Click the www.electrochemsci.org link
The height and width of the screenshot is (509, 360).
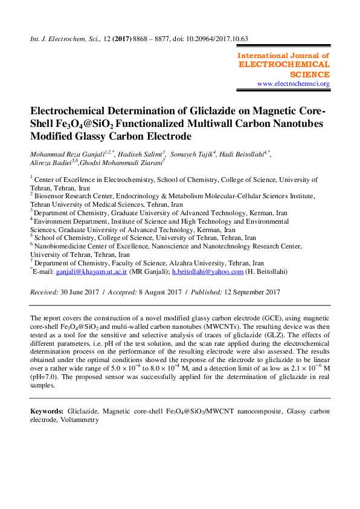tap(293, 83)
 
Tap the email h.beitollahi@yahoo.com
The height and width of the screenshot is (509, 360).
tap(208, 273)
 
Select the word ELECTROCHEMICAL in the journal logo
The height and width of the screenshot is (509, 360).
tap(284, 64)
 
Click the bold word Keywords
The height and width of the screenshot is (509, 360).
tap(47, 411)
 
